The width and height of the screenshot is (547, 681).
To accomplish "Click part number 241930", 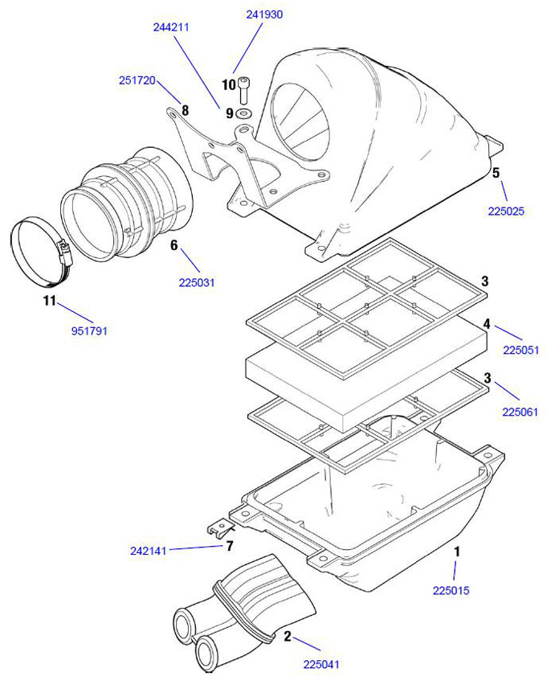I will pos(264,14).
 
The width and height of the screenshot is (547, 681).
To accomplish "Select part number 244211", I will pos(171,27).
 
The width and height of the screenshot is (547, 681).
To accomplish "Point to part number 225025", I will pos(505,212).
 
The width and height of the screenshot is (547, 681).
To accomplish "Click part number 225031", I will pos(197,282).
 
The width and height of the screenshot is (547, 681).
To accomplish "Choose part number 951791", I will pos(88,330).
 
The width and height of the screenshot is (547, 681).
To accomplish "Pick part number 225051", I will pos(520,350).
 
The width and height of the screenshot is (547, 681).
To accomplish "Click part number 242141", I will pos(148,552).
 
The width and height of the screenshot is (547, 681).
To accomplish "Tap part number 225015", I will pos(451,591).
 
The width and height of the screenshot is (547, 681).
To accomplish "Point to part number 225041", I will pos(322,664).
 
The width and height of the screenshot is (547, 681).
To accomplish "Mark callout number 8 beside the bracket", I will pos(185,109).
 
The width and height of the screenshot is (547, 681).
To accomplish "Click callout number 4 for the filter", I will pos(486,324).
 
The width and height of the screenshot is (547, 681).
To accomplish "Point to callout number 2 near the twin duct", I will pos(287,635).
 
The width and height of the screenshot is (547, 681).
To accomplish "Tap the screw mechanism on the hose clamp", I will pos(66,252).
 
